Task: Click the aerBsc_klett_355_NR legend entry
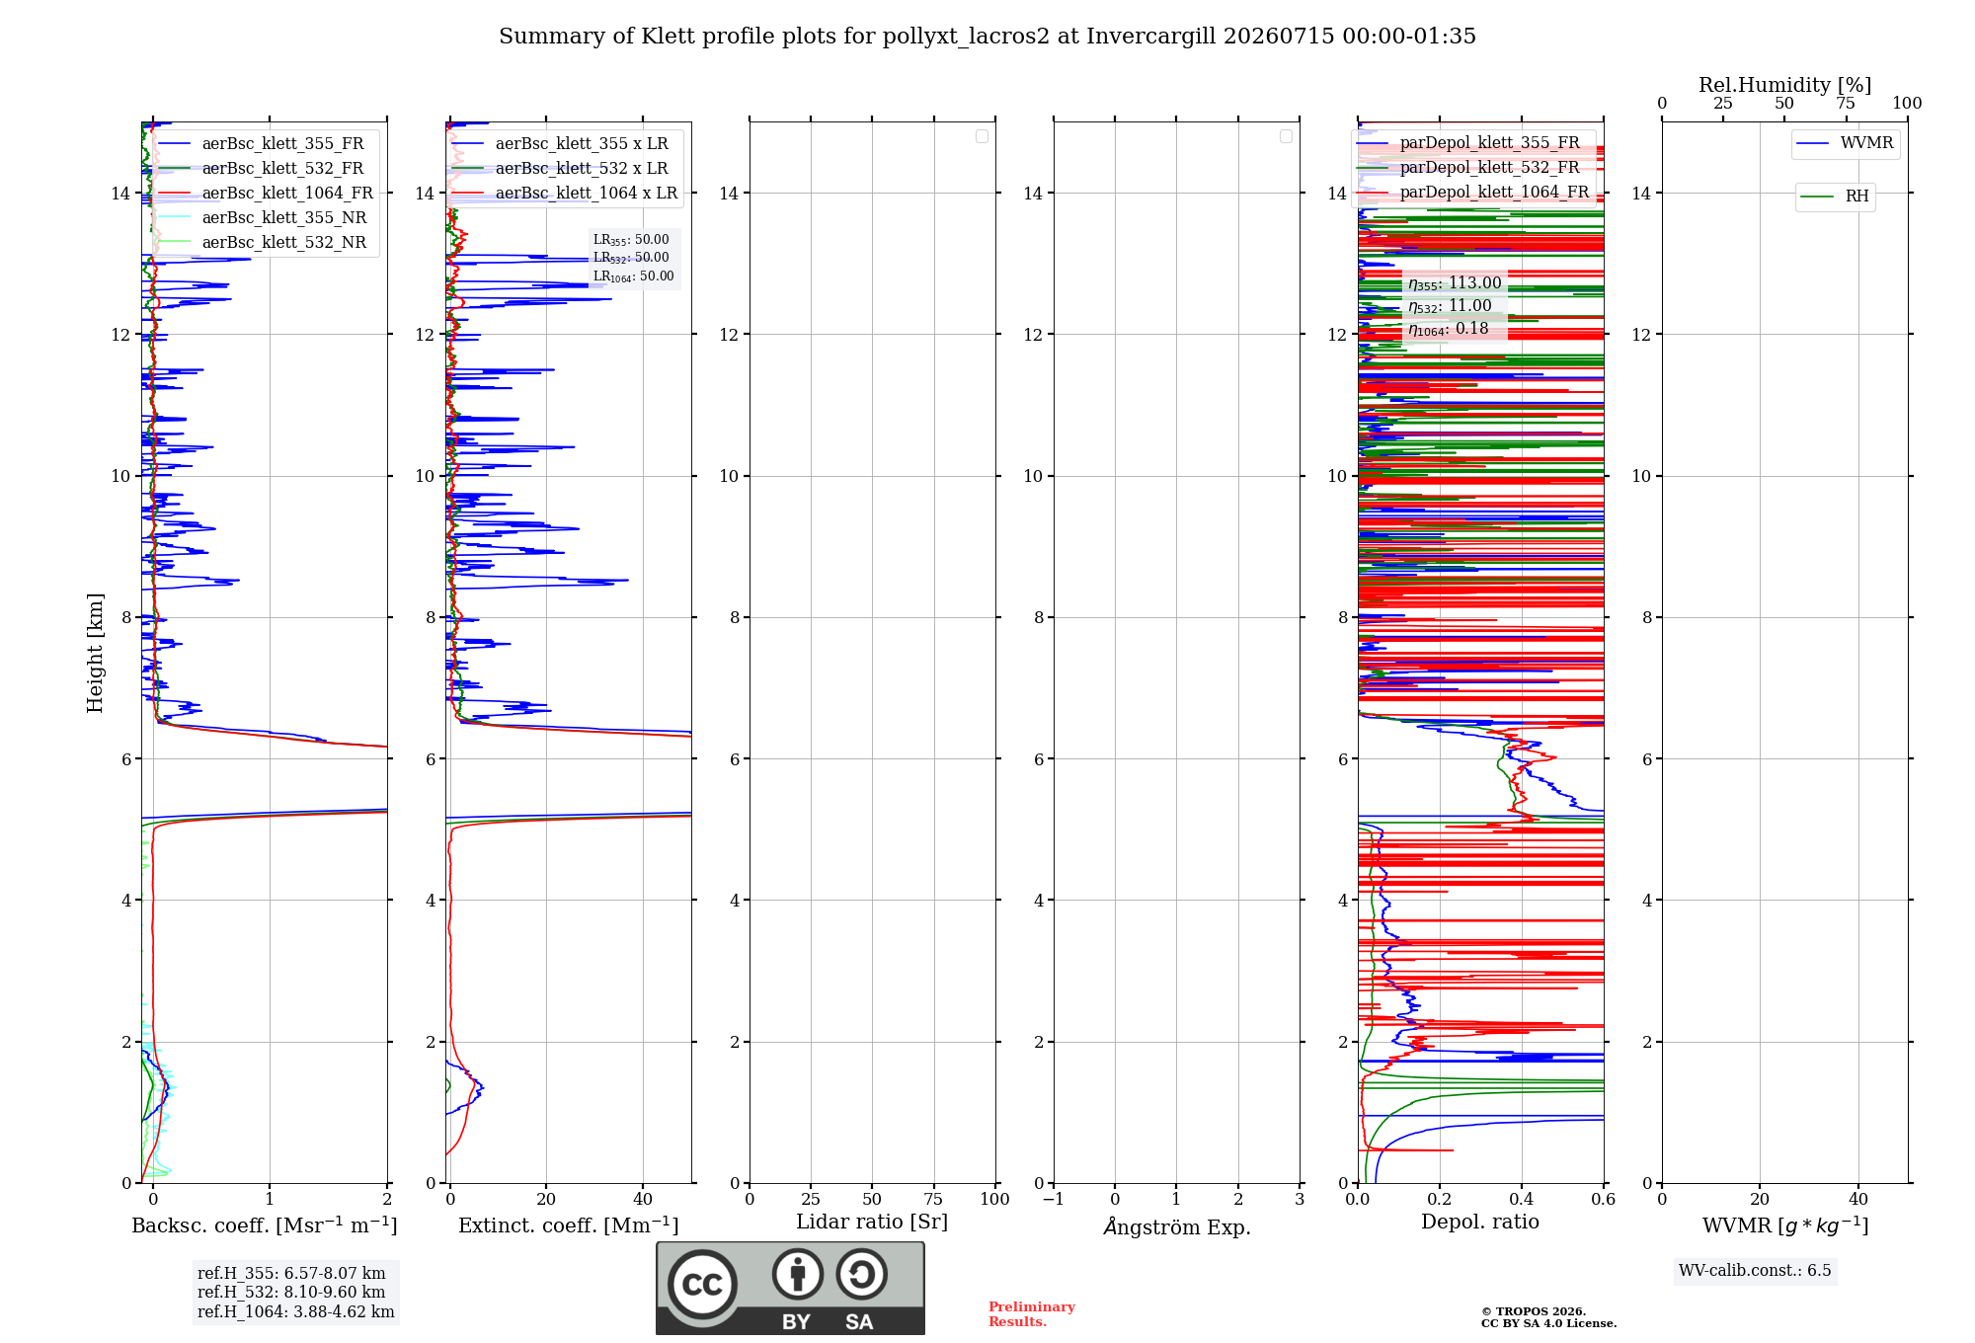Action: (262, 217)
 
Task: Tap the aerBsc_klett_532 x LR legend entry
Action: (559, 168)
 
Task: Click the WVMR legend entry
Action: (1845, 143)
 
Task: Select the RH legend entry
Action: (1835, 196)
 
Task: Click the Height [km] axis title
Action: (95, 653)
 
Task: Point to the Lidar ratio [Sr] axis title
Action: (872, 1222)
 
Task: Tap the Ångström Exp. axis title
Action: (1177, 1225)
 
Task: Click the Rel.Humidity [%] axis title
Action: (1784, 85)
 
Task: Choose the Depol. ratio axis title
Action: (1480, 1222)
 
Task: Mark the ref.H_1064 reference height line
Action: (296, 1311)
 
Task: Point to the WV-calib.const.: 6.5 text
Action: (1755, 1270)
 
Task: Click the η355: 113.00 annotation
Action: (1455, 283)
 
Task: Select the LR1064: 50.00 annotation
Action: (633, 276)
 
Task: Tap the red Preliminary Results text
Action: (1032, 1314)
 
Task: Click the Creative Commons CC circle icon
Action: (702, 1284)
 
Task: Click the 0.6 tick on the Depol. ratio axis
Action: (1603, 1199)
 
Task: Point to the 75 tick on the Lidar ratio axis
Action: (933, 1199)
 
